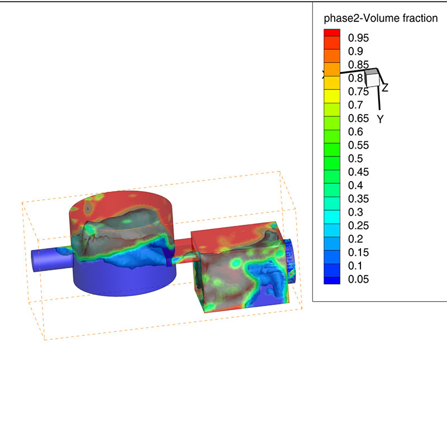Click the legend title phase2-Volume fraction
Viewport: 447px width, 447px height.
(x=381, y=18)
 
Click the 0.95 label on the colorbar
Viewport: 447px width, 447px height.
(x=358, y=38)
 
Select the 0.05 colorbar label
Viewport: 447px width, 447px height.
(x=358, y=279)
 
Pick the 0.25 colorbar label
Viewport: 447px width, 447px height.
(x=358, y=226)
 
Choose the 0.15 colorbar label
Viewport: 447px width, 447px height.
(x=358, y=253)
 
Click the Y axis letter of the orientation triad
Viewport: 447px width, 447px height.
(x=380, y=119)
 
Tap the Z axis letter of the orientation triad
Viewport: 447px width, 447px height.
(x=386, y=88)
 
